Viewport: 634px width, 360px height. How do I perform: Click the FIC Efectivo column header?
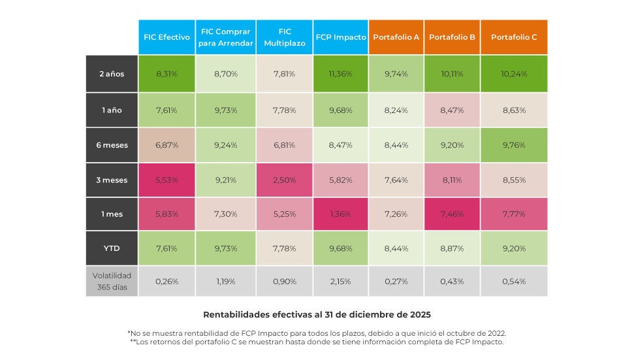click(166, 37)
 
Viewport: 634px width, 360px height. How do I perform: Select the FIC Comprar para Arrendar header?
click(225, 37)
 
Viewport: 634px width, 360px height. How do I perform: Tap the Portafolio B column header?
click(452, 37)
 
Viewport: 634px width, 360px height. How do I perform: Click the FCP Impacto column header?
click(341, 37)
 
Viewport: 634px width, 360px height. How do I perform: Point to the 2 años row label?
click(112, 74)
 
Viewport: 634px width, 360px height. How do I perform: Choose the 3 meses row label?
click(112, 180)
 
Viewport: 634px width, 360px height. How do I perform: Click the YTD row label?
click(112, 248)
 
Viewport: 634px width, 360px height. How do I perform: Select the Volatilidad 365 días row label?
click(112, 281)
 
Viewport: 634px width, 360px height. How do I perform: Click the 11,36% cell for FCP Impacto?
click(341, 74)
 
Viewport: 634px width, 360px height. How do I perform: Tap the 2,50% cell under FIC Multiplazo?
click(284, 180)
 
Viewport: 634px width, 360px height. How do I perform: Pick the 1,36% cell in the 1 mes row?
click(341, 214)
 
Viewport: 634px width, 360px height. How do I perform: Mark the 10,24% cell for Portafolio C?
click(514, 74)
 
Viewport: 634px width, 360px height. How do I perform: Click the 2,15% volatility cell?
click(341, 281)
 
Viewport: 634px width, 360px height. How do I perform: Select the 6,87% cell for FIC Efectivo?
click(166, 145)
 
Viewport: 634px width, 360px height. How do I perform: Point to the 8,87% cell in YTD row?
click(452, 248)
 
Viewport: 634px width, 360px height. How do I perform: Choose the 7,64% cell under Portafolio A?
click(396, 180)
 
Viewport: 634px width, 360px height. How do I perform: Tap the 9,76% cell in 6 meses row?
click(514, 145)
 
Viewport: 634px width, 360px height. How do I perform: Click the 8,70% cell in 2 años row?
click(225, 74)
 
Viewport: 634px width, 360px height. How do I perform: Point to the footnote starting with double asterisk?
click(317, 341)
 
